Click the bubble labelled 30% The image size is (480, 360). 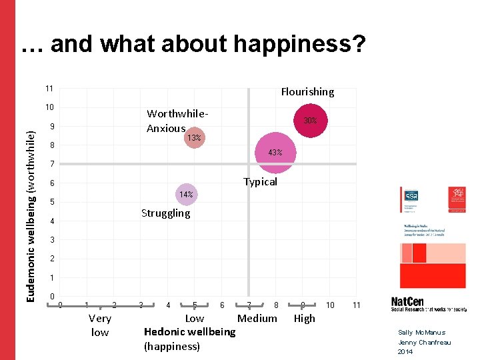tap(310, 121)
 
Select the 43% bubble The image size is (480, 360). tap(275, 153)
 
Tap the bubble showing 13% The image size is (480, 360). tap(194, 137)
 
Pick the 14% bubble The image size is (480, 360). tap(185, 195)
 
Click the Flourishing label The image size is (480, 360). tap(307, 92)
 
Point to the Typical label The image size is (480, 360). tap(260, 182)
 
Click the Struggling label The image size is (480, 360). tap(165, 213)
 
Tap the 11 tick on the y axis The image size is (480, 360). tap(49, 89)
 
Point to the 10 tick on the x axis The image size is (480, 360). tap(329, 305)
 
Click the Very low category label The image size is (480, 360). tap(99, 325)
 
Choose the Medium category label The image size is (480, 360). tap(257, 319)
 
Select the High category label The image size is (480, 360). tap(304, 319)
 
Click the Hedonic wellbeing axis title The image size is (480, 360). tap(189, 332)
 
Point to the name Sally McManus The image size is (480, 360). tap(421, 333)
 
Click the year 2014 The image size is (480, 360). tap(405, 351)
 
